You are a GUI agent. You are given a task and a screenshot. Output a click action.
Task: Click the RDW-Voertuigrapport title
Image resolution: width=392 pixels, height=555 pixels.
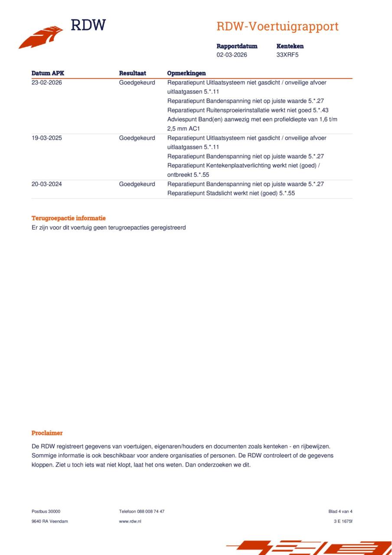click(x=277, y=26)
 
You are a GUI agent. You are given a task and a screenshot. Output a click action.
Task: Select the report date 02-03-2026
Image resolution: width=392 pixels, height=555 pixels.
click(x=232, y=55)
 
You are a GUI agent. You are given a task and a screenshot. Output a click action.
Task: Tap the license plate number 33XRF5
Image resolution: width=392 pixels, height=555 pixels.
click(x=287, y=55)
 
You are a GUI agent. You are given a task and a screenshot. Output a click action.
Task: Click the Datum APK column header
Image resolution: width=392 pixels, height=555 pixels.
click(x=48, y=73)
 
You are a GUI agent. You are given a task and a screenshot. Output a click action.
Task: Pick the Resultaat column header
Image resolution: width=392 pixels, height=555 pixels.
click(x=132, y=73)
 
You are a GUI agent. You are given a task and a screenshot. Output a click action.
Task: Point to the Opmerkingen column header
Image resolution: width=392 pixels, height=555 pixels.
click(x=186, y=73)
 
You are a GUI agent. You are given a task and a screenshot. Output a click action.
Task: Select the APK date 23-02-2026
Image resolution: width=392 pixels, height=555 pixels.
click(x=47, y=82)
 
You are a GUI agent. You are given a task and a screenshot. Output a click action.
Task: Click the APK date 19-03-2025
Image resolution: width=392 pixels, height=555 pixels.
click(x=47, y=138)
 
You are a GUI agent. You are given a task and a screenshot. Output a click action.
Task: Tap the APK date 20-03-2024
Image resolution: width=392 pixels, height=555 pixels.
click(x=47, y=184)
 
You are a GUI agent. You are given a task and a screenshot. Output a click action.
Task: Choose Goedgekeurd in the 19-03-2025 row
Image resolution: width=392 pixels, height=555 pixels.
click(x=137, y=138)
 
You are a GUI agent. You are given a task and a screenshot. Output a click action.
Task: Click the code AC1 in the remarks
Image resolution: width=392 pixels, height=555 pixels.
click(x=194, y=129)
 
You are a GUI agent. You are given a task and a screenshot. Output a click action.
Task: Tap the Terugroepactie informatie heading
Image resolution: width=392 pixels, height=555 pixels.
click(x=69, y=218)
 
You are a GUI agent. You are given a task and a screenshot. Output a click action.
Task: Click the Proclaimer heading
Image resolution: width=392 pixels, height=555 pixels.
click(x=47, y=433)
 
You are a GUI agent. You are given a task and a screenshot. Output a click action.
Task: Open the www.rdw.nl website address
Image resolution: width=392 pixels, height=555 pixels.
click(x=130, y=521)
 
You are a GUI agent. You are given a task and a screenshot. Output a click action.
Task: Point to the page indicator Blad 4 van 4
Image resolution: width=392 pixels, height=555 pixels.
click(x=340, y=511)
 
